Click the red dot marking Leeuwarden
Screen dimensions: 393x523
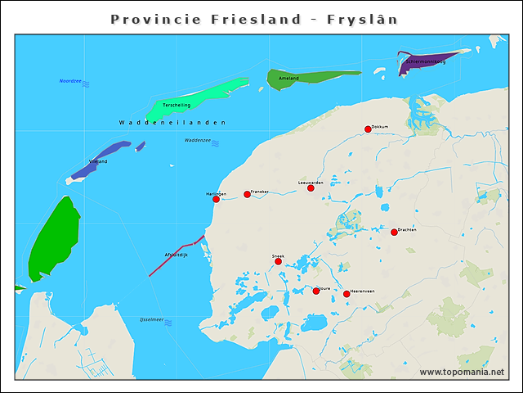311,188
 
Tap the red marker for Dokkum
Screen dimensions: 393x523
368,129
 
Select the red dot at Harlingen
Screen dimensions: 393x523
216,199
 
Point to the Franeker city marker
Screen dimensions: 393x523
247,195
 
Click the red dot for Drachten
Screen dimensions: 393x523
394,233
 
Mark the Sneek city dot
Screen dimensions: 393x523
278,261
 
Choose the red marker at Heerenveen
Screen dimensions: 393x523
346,294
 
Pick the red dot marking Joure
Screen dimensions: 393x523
316,291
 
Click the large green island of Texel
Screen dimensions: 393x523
53,237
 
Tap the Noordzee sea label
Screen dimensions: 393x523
71,81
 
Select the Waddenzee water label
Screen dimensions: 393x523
197,140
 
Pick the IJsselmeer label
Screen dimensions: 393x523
151,318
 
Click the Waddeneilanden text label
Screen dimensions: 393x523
172,123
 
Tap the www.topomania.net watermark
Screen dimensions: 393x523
462,373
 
